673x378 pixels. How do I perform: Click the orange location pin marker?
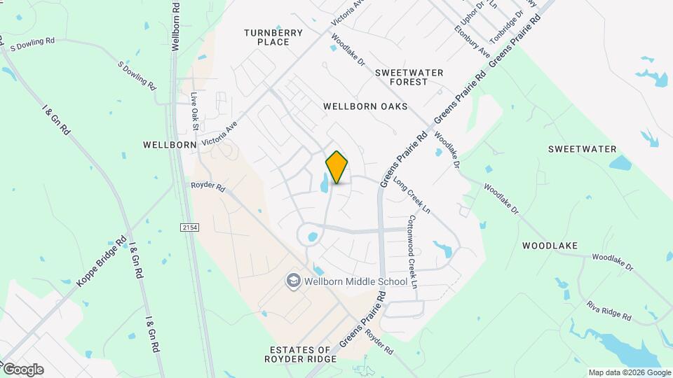tap(336, 167)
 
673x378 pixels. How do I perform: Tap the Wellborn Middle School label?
tap(355, 281)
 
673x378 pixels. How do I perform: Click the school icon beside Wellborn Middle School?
tap(293, 281)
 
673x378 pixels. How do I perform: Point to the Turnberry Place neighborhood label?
tap(273, 37)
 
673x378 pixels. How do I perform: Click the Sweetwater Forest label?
tap(410, 77)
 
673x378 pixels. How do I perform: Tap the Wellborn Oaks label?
tap(365, 106)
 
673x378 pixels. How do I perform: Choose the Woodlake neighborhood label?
tap(550, 246)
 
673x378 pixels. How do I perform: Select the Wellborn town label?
tap(169, 145)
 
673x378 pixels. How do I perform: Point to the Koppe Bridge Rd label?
tap(101, 260)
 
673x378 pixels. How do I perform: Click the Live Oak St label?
tap(196, 109)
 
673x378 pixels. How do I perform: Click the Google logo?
tap(22, 370)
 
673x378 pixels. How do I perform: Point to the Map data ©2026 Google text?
tap(629, 372)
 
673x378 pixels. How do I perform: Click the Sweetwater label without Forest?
tap(582, 149)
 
